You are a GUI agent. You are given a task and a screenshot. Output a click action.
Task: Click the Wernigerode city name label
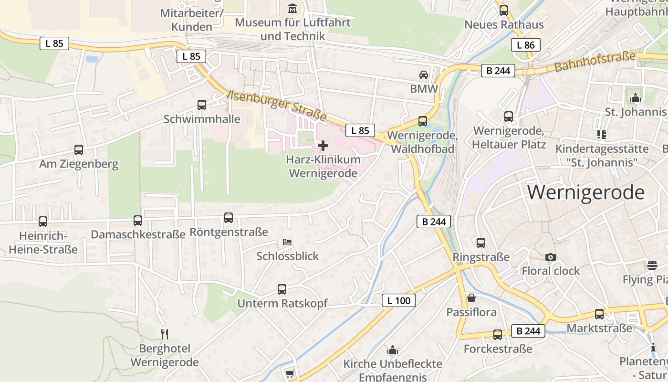tap(586, 192)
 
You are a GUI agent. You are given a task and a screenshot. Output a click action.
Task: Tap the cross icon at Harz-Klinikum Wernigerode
tap(323, 145)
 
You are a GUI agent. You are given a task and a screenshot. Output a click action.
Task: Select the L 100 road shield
tap(398, 300)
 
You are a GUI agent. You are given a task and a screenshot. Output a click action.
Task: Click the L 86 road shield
tap(526, 45)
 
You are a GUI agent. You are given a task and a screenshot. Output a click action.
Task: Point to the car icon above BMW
tap(423, 75)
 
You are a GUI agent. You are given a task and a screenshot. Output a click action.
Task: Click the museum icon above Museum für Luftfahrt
tap(292, 8)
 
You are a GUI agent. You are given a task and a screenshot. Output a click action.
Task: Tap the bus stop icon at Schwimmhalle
tap(202, 105)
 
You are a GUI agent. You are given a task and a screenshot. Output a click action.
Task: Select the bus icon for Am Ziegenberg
tap(79, 150)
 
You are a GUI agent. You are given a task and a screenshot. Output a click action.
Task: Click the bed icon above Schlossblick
tap(287, 242)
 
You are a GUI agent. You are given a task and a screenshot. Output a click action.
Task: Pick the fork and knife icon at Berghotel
tap(165, 334)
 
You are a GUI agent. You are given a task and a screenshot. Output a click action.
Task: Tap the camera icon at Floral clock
tap(551, 257)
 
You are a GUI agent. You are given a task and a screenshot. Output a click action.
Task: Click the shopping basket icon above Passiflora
tap(471, 298)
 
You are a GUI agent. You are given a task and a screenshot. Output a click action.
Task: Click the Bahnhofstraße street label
tap(595, 63)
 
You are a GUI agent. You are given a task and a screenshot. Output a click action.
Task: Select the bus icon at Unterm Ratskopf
tap(282, 289)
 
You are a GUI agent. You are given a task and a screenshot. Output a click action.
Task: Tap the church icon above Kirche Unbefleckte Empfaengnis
tap(393, 350)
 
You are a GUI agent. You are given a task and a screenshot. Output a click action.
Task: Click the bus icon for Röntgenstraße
tap(229, 218)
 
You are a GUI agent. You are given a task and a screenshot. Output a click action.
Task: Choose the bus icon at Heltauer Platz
tap(509, 117)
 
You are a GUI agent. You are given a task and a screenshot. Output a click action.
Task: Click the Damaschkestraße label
tap(138, 234)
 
